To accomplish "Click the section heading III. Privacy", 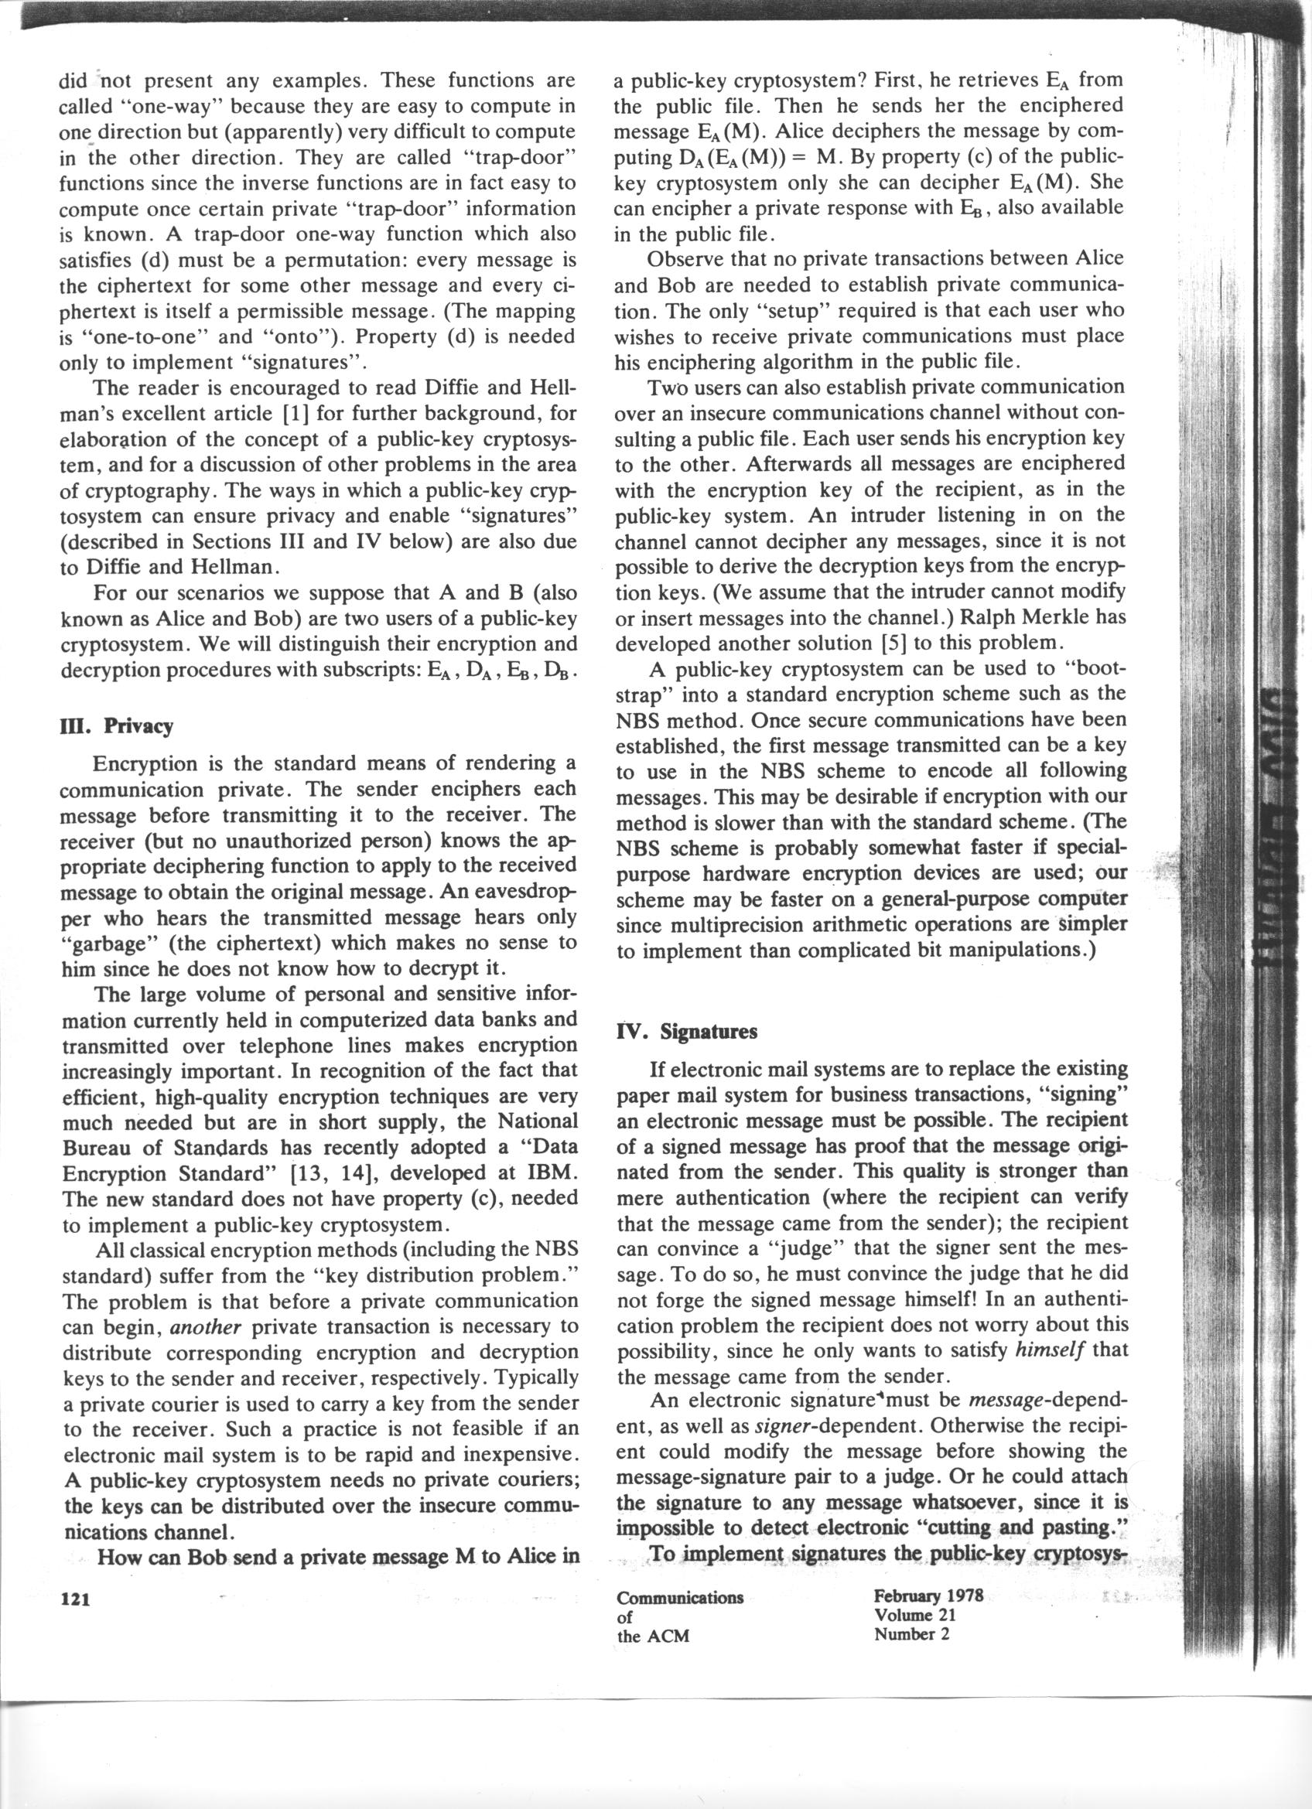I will click(117, 727).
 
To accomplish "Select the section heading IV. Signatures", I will click(687, 1031).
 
